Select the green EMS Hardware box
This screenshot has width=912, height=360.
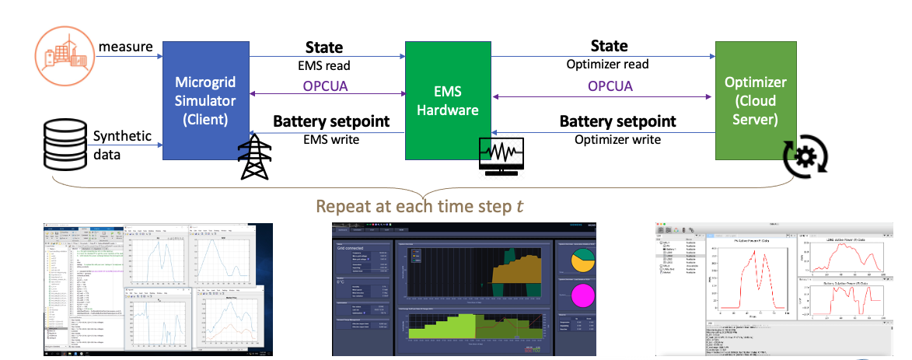(446, 99)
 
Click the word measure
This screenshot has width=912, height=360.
(124, 48)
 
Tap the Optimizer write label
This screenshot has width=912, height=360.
(617, 139)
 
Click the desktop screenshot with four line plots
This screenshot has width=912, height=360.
(158, 288)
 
